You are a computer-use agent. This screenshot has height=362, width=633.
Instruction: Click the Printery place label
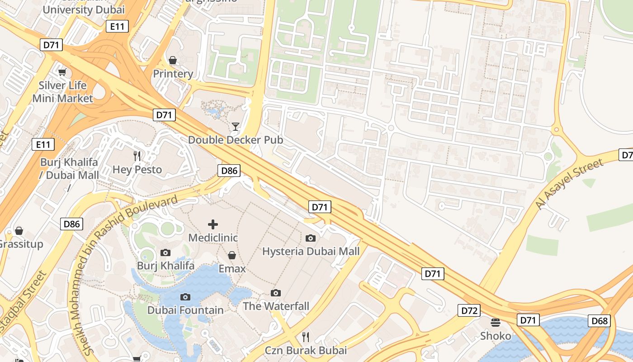[173, 73]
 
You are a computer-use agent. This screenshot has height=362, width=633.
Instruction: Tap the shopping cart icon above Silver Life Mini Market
[62, 72]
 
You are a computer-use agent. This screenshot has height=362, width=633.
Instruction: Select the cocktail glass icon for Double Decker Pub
[236, 127]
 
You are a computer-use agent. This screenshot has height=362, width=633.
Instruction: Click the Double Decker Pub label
[236, 140]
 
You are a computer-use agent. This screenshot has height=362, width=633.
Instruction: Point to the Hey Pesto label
[137, 170]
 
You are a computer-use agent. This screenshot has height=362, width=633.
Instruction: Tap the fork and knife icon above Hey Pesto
[137, 157]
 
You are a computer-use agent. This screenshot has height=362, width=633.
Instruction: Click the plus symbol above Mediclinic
[213, 224]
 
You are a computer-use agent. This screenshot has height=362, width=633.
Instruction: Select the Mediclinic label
[213, 238]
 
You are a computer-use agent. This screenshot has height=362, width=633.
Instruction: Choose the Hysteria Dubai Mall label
[311, 251]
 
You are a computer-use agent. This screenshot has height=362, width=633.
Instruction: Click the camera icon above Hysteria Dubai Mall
[311, 238]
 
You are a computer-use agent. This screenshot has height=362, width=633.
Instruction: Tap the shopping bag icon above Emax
[232, 256]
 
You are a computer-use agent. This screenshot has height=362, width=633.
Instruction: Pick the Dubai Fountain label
[185, 310]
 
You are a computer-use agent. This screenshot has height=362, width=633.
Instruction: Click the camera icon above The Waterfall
[276, 293]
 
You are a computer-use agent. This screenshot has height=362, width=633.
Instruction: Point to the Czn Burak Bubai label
[306, 350]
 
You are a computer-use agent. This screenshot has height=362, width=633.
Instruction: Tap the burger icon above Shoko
[496, 323]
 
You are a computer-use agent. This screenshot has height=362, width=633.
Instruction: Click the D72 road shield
[469, 311]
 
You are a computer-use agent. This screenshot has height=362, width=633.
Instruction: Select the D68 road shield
[600, 321]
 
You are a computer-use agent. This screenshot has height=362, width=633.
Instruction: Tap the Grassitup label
[21, 244]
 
